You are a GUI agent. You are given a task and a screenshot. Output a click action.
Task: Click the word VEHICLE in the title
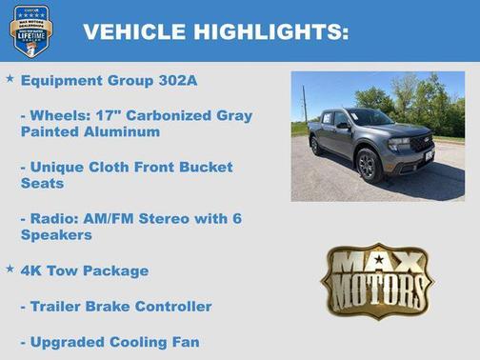coord(134,31)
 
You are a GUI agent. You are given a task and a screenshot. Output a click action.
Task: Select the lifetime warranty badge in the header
coord(30,30)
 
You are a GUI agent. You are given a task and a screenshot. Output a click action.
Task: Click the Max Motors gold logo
coord(376,281)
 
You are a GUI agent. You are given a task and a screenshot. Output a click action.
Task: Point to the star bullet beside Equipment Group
coord(10,79)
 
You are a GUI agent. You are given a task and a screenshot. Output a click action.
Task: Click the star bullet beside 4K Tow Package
coord(10,270)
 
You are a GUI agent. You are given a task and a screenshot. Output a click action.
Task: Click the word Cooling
coord(141,341)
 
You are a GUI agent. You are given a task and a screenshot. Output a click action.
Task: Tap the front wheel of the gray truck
coord(368,165)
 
